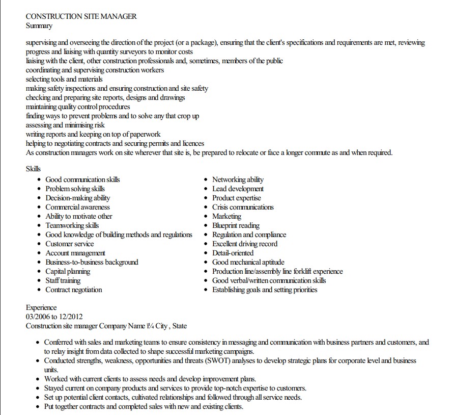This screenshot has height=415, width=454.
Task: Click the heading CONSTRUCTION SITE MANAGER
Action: click(81, 16)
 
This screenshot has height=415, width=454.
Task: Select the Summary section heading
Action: click(39, 25)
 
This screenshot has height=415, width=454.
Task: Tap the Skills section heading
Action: click(33, 169)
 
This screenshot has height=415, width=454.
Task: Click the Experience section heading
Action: click(41, 307)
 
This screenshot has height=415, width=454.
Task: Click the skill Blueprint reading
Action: click(236, 225)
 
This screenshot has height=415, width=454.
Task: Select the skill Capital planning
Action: click(68, 271)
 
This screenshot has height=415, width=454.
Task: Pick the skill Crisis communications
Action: click(243, 207)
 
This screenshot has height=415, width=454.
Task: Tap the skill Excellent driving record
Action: click(245, 244)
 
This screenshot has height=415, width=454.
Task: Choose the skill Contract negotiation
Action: click(74, 290)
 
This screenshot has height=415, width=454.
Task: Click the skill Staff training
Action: click(63, 280)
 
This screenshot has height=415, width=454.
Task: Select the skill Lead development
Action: click(238, 189)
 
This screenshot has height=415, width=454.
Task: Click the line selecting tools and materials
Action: click(64, 79)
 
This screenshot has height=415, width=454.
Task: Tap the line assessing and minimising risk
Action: click(65, 125)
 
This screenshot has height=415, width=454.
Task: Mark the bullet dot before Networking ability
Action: click(206, 180)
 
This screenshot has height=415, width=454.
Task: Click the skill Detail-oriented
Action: click(233, 253)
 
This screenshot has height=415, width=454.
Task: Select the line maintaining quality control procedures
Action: click(78, 107)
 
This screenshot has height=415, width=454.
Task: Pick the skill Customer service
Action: click(70, 244)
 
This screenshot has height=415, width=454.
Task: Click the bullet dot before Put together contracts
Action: click(38, 407)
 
